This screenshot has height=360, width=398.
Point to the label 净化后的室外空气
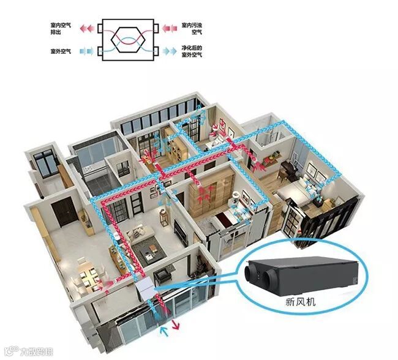click(x=192, y=52)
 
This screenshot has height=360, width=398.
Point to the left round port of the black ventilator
click(x=252, y=272)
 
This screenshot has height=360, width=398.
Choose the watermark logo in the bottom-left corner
click(x=28, y=351)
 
